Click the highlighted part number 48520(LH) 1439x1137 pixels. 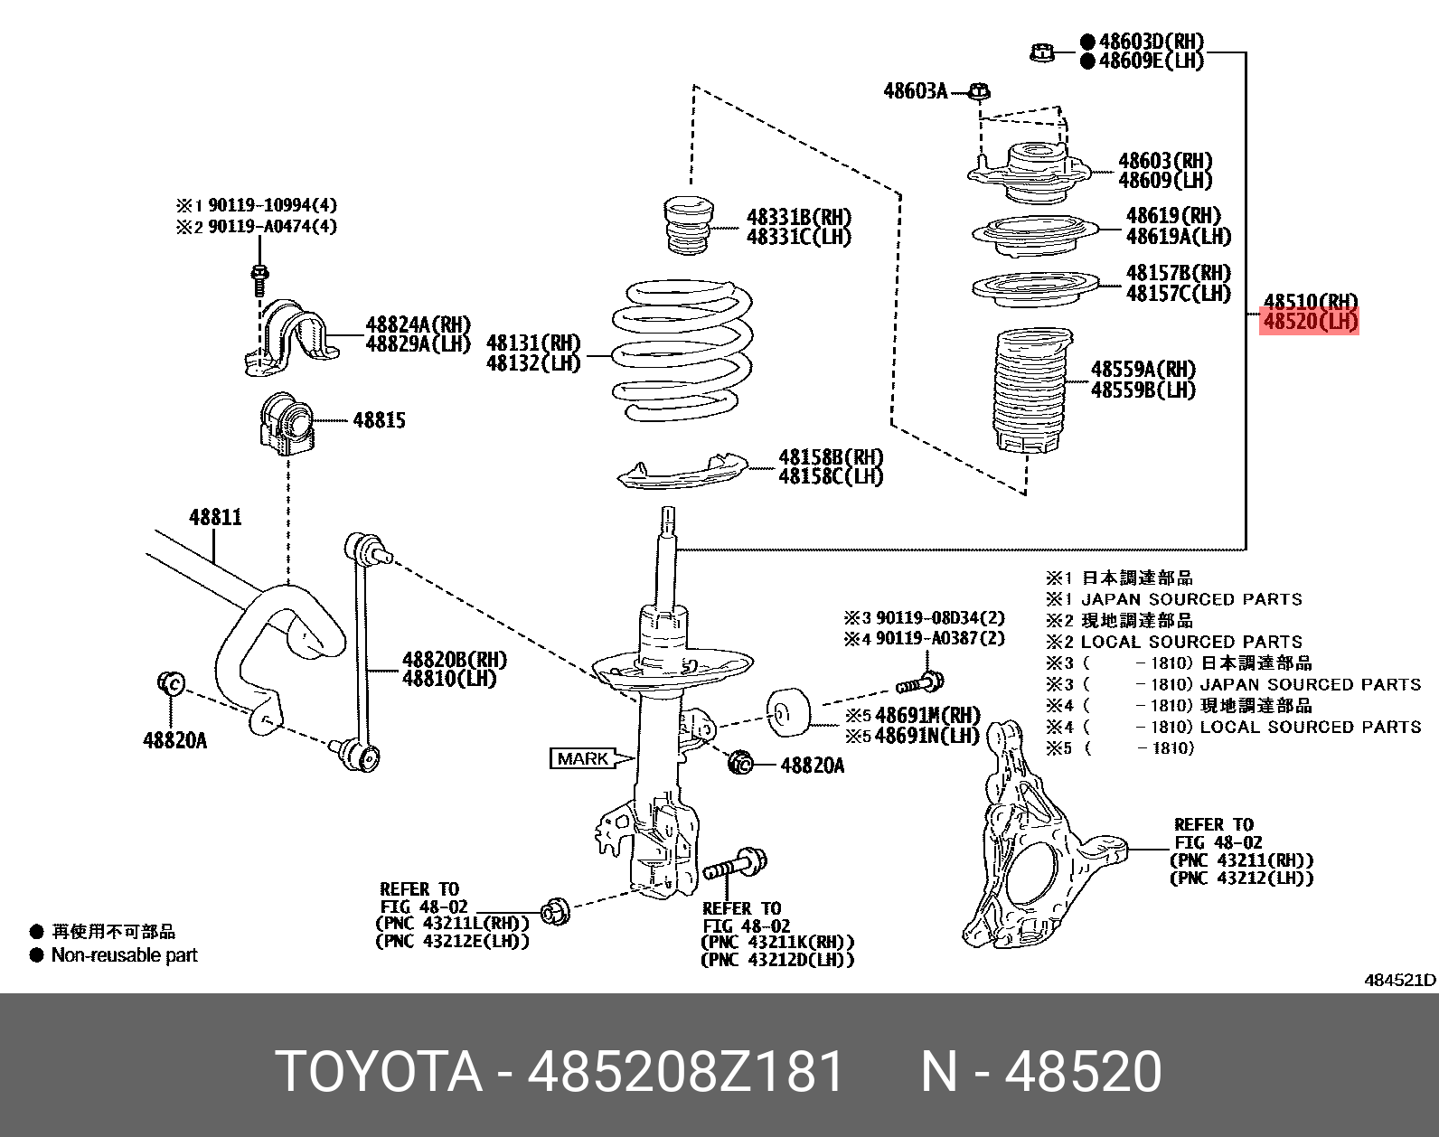click(x=1309, y=321)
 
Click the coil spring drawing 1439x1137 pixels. click(x=682, y=352)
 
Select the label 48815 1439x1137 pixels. click(x=379, y=420)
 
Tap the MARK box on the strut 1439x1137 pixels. click(x=583, y=758)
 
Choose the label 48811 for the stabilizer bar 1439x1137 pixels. click(x=215, y=517)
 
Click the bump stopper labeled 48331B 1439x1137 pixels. click(x=688, y=226)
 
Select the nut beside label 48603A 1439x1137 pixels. click(x=978, y=91)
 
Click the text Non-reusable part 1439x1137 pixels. click(x=124, y=955)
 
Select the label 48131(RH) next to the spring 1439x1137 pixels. click(x=533, y=343)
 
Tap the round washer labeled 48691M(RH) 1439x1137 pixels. click(x=788, y=710)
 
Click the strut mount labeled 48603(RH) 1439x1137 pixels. click(x=1030, y=172)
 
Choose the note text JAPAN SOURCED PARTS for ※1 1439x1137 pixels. click(x=1191, y=599)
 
